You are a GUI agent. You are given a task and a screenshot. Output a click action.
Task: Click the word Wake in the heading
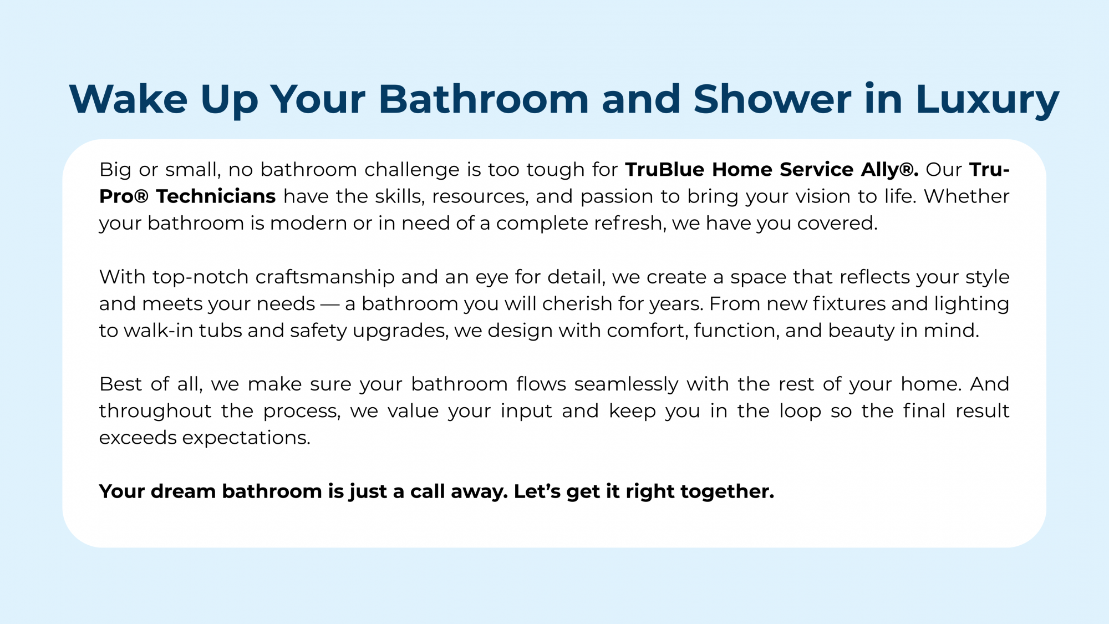pos(129,99)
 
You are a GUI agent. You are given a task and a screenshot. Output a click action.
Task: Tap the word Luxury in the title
pos(987,102)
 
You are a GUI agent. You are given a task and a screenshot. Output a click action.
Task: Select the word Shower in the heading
pos(772,99)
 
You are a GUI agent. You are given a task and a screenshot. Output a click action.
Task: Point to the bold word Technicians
pos(216,196)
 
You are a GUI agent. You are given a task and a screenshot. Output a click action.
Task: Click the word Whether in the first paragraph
pos(966,196)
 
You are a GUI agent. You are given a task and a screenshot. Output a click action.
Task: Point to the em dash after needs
pos(330,304)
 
